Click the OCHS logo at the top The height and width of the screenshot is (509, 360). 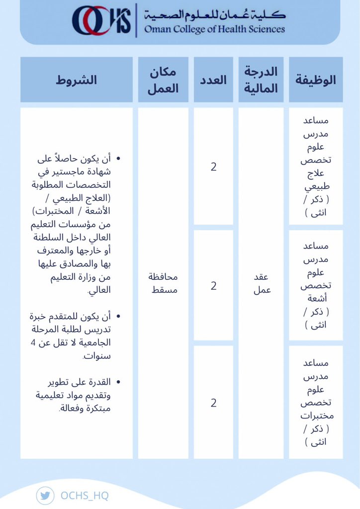coord(101,20)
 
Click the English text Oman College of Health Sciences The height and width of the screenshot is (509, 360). coord(214,29)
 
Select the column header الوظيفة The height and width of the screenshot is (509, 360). coord(316,80)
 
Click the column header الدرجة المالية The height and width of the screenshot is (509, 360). coord(261,80)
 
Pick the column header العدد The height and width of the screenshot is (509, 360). coord(213,80)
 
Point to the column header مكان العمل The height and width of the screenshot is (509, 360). coord(163,80)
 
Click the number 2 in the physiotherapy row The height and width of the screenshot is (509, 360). coord(213,167)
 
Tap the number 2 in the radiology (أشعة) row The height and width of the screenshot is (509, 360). coord(213,286)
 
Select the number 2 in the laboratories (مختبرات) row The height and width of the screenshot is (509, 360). coord(213,403)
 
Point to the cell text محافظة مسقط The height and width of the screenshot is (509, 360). coord(163,283)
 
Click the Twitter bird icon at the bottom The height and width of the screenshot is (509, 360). coord(45,496)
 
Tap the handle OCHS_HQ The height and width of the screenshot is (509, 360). coord(84,496)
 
